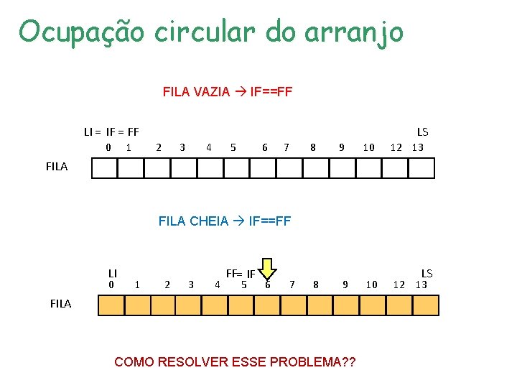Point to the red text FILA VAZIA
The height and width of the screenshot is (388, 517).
click(196, 92)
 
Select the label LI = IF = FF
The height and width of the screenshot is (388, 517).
click(111, 132)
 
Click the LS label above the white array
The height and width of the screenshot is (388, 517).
click(422, 132)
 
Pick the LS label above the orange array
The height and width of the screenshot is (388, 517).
click(427, 273)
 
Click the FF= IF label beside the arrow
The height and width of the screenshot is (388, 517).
click(241, 274)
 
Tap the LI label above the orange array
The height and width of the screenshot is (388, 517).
click(113, 273)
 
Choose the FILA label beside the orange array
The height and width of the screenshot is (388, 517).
click(61, 303)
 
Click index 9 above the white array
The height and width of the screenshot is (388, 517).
click(342, 147)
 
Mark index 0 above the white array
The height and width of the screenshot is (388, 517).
click(108, 147)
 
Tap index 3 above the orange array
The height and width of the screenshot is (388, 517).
click(190, 285)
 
